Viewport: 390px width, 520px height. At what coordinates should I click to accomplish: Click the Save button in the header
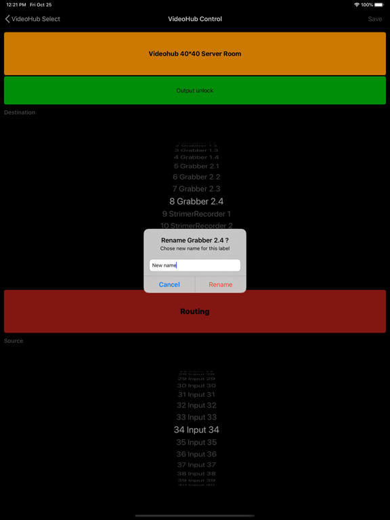(374, 19)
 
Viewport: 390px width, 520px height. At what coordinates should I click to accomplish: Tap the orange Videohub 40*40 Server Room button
(195, 53)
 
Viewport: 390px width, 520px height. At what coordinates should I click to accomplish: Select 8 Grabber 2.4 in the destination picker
(196, 201)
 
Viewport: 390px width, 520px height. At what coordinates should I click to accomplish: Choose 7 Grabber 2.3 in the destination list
(196, 189)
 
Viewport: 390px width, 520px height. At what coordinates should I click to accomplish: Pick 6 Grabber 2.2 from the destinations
(196, 177)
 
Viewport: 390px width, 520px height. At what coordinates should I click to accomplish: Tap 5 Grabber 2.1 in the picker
(196, 166)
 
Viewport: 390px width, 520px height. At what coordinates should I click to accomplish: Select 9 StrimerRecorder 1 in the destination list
(196, 214)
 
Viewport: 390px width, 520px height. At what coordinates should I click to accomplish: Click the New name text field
(195, 265)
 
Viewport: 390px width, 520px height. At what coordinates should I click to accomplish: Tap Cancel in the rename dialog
(169, 284)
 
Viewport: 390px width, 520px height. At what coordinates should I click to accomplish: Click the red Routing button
(195, 311)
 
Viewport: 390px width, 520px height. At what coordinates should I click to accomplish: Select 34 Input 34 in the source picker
(196, 430)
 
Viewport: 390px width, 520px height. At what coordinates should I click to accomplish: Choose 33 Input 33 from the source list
(196, 417)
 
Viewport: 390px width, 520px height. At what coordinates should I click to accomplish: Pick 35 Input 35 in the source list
(196, 442)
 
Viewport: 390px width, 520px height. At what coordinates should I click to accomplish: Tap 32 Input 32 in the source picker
(196, 406)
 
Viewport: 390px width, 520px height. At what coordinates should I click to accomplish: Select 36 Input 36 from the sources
(196, 454)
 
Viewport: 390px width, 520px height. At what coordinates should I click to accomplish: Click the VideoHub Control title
(195, 19)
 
